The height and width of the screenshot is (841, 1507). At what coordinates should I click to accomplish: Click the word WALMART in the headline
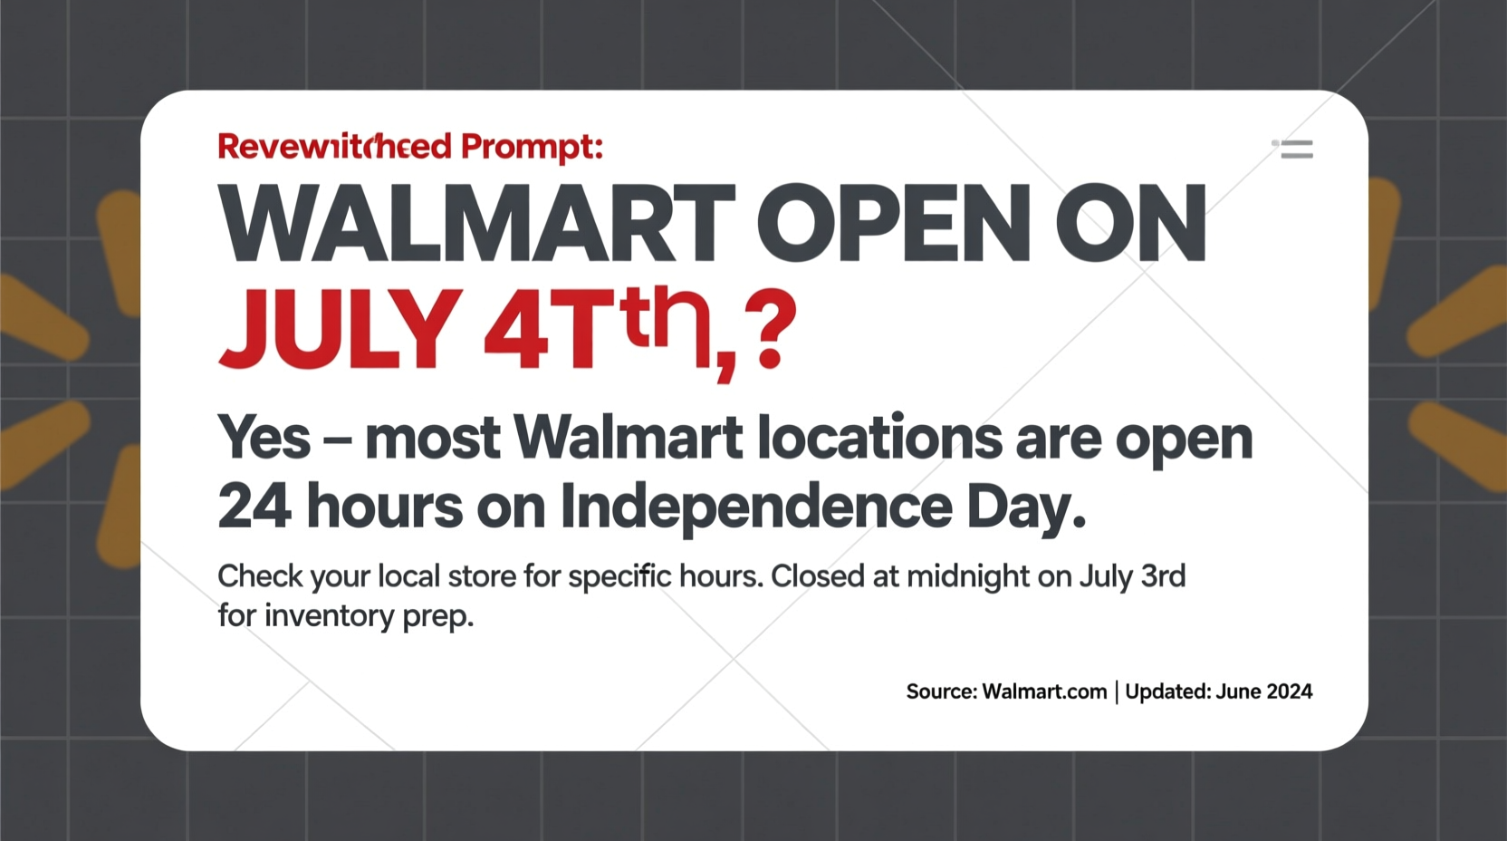(476, 223)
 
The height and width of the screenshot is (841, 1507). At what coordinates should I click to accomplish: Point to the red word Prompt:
(532, 147)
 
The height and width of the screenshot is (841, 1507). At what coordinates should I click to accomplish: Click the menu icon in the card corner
(1294, 149)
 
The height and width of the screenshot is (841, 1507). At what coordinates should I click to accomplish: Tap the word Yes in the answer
(264, 438)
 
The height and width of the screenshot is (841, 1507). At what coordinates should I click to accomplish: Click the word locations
(879, 438)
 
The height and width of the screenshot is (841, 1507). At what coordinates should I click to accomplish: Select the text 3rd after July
(1163, 576)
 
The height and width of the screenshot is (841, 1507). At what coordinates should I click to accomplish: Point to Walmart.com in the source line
(1044, 691)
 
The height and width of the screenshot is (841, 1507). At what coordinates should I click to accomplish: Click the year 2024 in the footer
(1289, 691)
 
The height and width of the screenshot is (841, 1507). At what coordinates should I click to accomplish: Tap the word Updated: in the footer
(1168, 691)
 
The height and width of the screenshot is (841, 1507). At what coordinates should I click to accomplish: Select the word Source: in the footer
(941, 691)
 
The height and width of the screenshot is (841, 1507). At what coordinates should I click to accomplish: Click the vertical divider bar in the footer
(1117, 692)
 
